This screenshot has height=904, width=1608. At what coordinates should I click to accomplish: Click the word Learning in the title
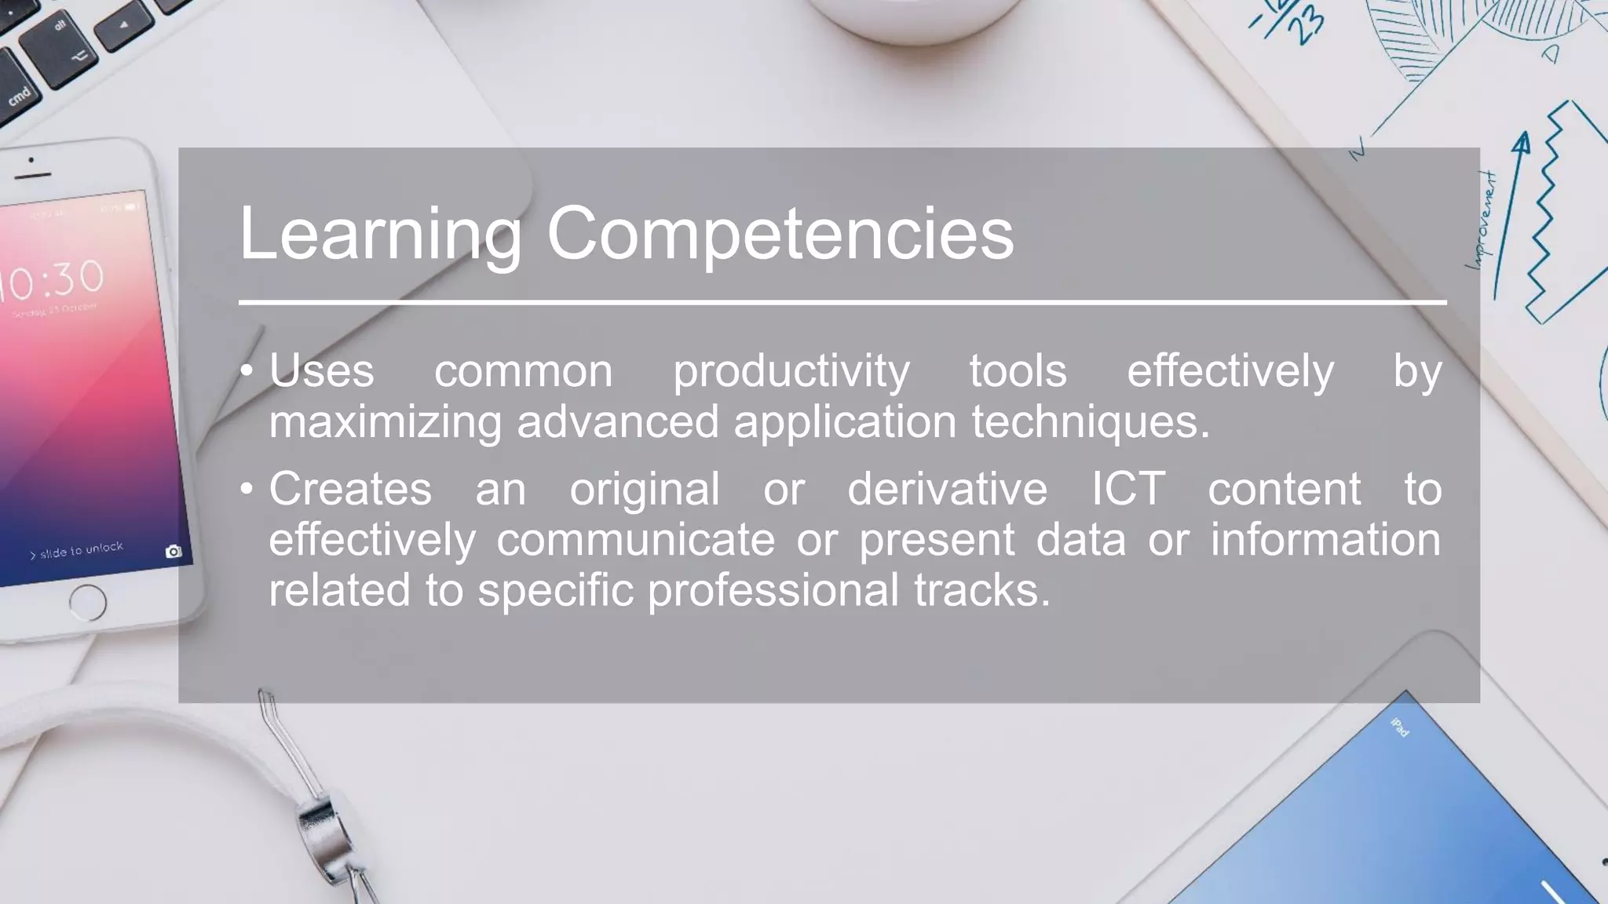click(x=380, y=234)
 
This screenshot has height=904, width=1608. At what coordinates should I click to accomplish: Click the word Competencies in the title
click(x=780, y=234)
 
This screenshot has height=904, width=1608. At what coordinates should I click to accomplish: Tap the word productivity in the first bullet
click(x=791, y=372)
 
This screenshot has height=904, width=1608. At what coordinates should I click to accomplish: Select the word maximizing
click(x=385, y=421)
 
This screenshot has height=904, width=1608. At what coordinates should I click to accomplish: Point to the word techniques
click(x=1091, y=421)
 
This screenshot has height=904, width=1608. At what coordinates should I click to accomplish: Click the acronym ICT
click(x=1127, y=489)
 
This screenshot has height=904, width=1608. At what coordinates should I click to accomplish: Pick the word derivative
click(x=947, y=489)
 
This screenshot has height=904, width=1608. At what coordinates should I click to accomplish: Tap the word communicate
click(x=635, y=539)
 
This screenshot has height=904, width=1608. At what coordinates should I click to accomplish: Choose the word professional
click(x=773, y=589)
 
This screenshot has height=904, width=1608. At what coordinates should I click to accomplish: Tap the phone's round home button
click(x=87, y=603)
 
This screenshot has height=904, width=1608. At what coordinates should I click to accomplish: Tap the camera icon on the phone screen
click(x=174, y=552)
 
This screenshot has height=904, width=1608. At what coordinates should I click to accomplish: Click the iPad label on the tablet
click(x=1399, y=727)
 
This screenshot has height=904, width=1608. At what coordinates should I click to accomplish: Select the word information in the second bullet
click(x=1325, y=539)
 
